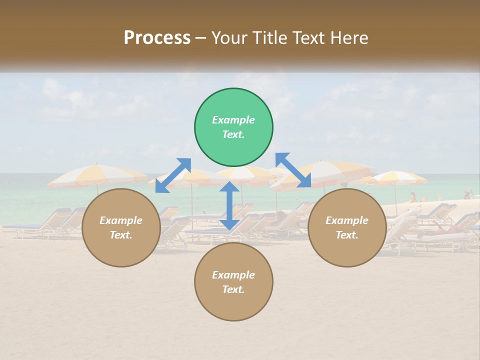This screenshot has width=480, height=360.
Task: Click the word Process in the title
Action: (x=157, y=38)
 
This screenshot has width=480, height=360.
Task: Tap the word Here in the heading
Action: (x=349, y=38)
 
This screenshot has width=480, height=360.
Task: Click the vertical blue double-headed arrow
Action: (x=229, y=205)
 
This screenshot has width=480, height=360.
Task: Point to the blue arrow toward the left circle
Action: (x=173, y=175)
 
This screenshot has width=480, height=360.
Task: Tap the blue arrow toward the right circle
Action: (x=293, y=170)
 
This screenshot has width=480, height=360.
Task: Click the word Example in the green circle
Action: (x=233, y=120)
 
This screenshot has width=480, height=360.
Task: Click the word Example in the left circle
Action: (x=121, y=220)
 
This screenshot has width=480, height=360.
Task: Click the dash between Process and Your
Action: (x=201, y=38)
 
